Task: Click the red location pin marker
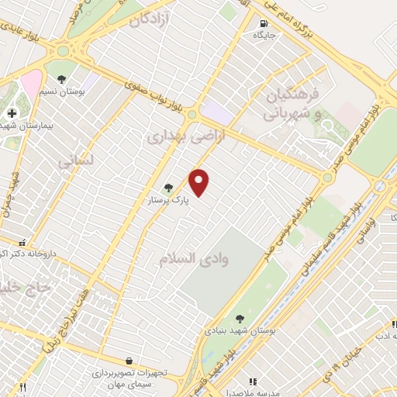200,182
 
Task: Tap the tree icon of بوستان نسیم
61,79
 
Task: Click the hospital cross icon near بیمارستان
12,113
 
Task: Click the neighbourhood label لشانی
75,161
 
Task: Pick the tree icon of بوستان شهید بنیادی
240,318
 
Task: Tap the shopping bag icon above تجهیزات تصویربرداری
129,361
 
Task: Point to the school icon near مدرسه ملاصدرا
252,381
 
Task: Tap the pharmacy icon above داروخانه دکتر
22,243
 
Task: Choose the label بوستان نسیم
62,92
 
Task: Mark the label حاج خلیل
27,286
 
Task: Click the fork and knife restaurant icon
23,387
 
